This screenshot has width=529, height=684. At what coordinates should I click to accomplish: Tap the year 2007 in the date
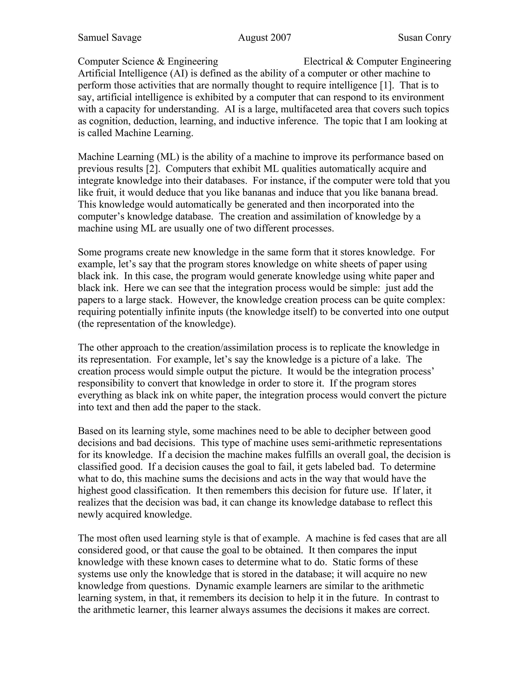coord(281,38)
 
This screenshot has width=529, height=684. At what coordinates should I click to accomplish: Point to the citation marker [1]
coord(385,85)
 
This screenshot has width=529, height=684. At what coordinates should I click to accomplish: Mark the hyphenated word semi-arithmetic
coord(343,443)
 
